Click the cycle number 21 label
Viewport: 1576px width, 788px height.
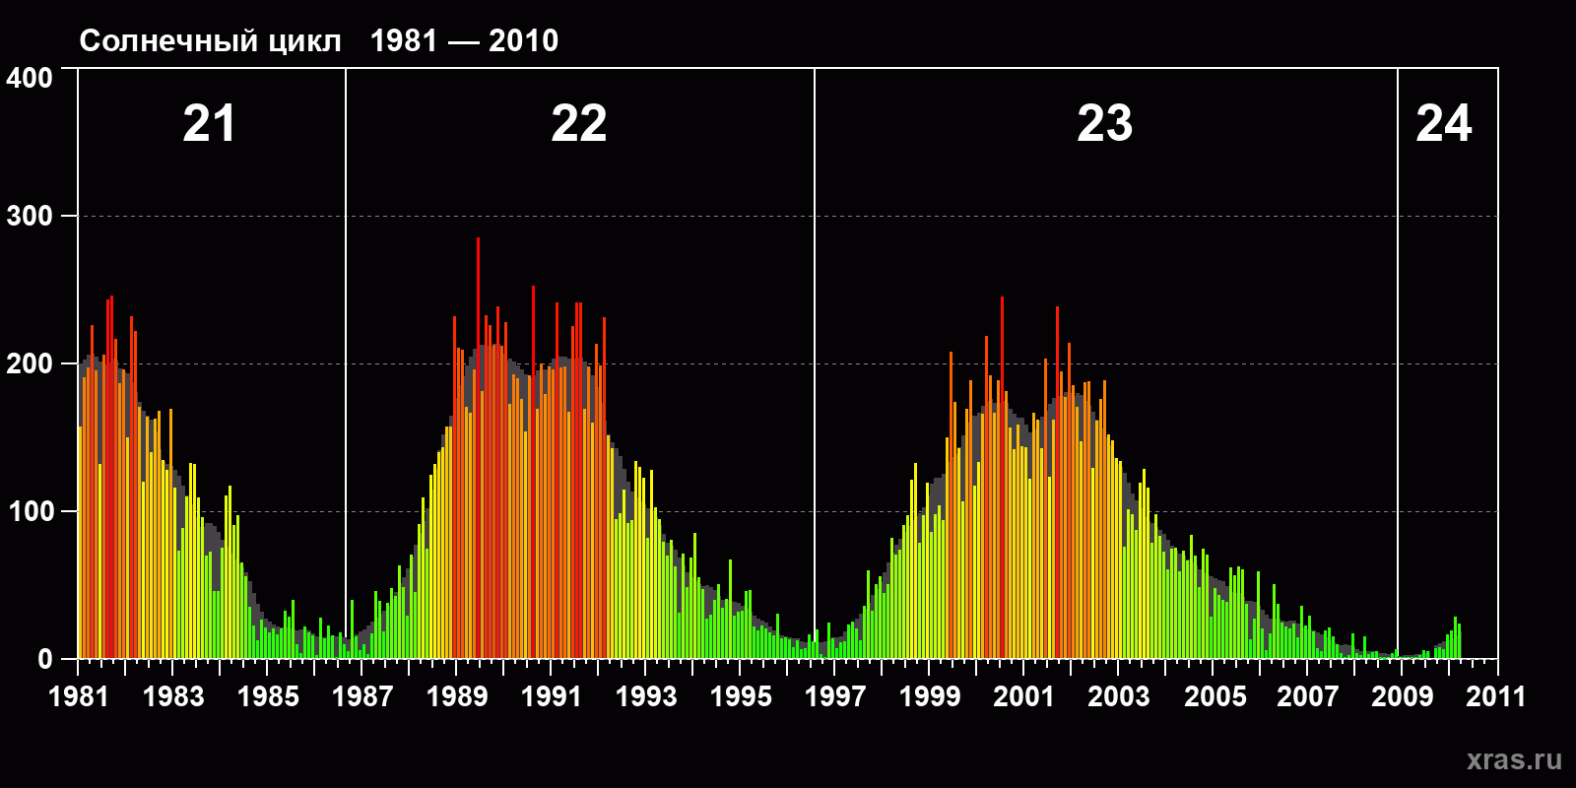209,124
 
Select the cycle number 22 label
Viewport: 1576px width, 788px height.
578,124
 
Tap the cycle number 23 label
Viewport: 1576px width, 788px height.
1104,124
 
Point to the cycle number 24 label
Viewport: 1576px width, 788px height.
1443,124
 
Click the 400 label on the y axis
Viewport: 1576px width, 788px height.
30,79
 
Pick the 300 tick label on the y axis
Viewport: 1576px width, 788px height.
30,217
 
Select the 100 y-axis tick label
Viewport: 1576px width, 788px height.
30,512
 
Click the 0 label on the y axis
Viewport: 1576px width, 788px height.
44,659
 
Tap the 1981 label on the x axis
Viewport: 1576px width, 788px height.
79,696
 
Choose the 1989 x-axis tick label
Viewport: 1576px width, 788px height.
457,696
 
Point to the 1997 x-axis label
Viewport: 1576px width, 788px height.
835,696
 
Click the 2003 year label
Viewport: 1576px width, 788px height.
1119,696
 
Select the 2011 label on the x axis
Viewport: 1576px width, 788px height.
1496,696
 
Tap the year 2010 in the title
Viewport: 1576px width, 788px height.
523,41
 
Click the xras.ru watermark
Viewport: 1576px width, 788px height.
1514,760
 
